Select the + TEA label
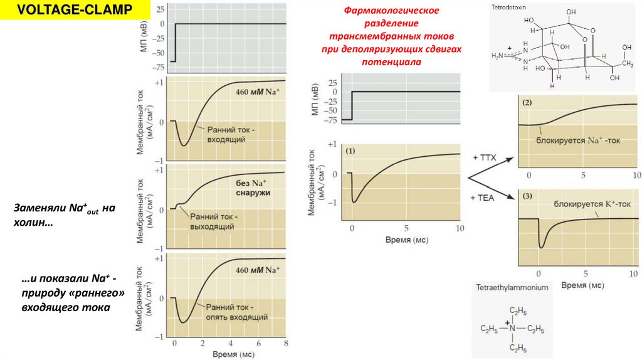pyautogui.click(x=483, y=197)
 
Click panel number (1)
pyautogui.click(x=350, y=151)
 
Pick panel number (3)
pyautogui.click(x=527, y=197)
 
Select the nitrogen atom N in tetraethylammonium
pyautogui.click(x=512, y=328)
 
